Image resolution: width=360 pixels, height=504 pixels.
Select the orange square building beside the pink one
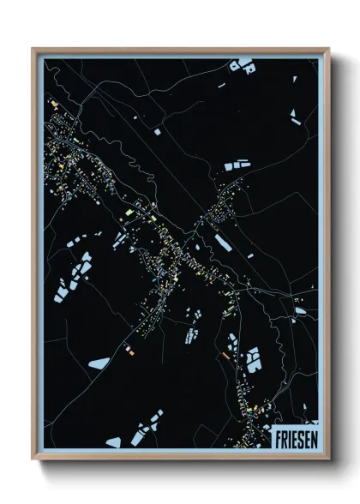(131, 351)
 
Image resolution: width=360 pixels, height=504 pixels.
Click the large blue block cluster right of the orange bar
(254, 360)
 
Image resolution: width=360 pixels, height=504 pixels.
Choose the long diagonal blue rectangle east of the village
(222, 243)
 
